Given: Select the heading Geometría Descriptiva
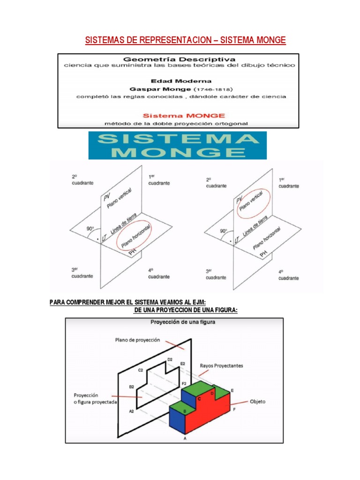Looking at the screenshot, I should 179,60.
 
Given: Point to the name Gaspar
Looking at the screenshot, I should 143,89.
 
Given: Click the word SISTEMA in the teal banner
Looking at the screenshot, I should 178,139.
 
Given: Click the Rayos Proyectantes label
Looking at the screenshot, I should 221,366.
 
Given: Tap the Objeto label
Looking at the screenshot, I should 257,401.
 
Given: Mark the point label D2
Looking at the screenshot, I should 170,360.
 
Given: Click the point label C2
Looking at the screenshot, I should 140,370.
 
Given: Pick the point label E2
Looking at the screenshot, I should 183,363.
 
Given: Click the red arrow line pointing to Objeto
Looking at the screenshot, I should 239,403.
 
